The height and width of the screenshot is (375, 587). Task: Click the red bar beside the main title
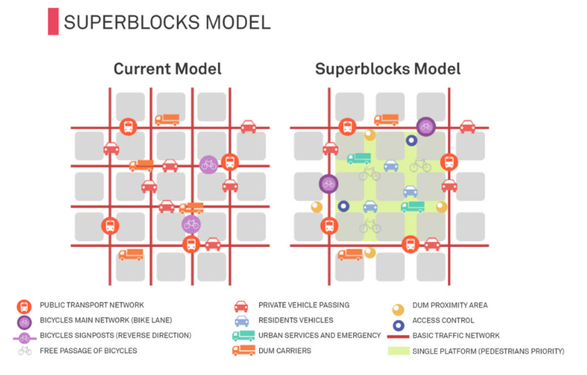52,21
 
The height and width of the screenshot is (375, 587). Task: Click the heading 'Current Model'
167,69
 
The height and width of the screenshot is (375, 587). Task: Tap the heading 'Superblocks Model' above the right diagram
387,69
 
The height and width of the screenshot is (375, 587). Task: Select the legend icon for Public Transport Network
24,306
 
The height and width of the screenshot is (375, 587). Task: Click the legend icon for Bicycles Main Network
24,321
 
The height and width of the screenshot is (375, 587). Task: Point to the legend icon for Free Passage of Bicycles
24,350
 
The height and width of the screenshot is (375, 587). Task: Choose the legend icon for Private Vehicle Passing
241,306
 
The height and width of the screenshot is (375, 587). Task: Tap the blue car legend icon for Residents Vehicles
241,321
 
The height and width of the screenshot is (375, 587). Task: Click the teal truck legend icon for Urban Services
243,335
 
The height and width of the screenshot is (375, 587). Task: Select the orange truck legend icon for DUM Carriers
243,350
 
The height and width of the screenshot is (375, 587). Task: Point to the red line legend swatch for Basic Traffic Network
398,336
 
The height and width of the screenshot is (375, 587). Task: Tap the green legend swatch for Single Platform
398,350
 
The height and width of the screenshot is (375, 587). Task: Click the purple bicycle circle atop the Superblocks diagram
426,126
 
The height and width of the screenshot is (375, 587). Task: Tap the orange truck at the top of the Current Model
166,120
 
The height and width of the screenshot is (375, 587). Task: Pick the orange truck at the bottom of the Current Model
130,254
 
